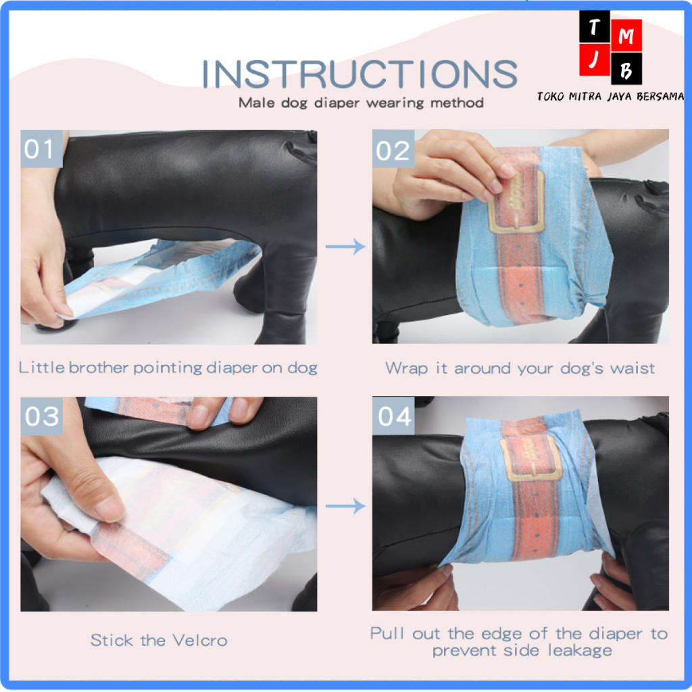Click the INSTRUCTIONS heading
coord(360,74)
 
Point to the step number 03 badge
coord(42,416)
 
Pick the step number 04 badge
coord(394,416)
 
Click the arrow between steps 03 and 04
coord(345,505)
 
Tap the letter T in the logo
coord(595,28)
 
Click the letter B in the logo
coord(626,72)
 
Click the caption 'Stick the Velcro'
coord(159,639)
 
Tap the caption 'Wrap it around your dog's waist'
coord(520,368)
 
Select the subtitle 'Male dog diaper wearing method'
coord(361,103)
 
